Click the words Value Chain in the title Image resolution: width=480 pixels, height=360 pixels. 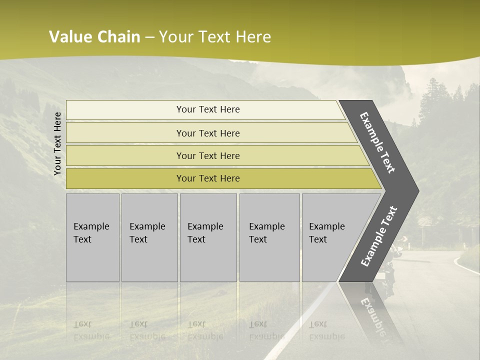pos(94,37)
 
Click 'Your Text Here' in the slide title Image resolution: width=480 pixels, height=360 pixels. pos(215,37)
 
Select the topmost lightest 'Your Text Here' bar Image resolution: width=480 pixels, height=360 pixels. pos(207,109)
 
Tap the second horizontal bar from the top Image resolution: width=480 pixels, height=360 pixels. pos(207,133)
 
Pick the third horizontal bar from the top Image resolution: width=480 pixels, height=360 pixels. pos(207,155)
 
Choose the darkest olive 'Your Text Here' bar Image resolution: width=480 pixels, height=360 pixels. pos(207,178)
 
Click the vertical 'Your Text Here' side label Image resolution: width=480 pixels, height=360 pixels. pos(57,144)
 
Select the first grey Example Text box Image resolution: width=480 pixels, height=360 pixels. pos(92,237)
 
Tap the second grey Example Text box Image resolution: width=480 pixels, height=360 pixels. pos(149,237)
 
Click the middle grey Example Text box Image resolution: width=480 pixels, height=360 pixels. pos(208,237)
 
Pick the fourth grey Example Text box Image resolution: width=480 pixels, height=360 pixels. pos(269,237)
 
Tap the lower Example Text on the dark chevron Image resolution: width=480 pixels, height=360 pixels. pos(379,236)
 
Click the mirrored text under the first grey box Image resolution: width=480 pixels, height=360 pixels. pos(91,330)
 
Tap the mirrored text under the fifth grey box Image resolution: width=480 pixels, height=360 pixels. pos(326,330)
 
